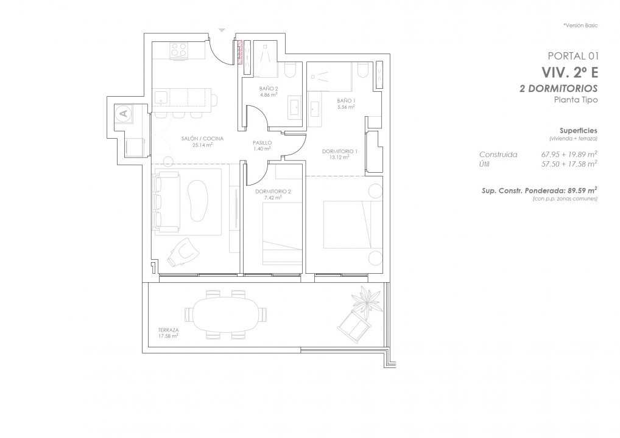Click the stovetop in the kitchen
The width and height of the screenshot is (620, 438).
tap(178, 50)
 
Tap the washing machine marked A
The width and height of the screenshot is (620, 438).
tap(124, 113)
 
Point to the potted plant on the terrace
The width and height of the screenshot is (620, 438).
tap(367, 299)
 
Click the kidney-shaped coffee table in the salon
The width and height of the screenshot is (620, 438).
tap(198, 201)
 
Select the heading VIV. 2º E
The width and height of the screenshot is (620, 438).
tap(569, 72)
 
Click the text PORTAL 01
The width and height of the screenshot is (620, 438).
tap(572, 56)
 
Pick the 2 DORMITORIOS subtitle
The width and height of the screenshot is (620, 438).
tap(558, 88)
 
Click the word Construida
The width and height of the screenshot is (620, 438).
tap(498, 155)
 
